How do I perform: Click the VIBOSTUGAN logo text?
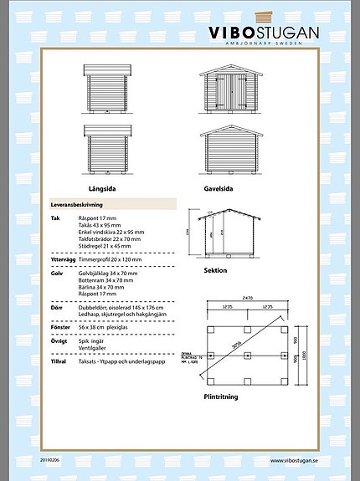click(264, 33)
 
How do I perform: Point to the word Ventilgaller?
click(91, 349)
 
